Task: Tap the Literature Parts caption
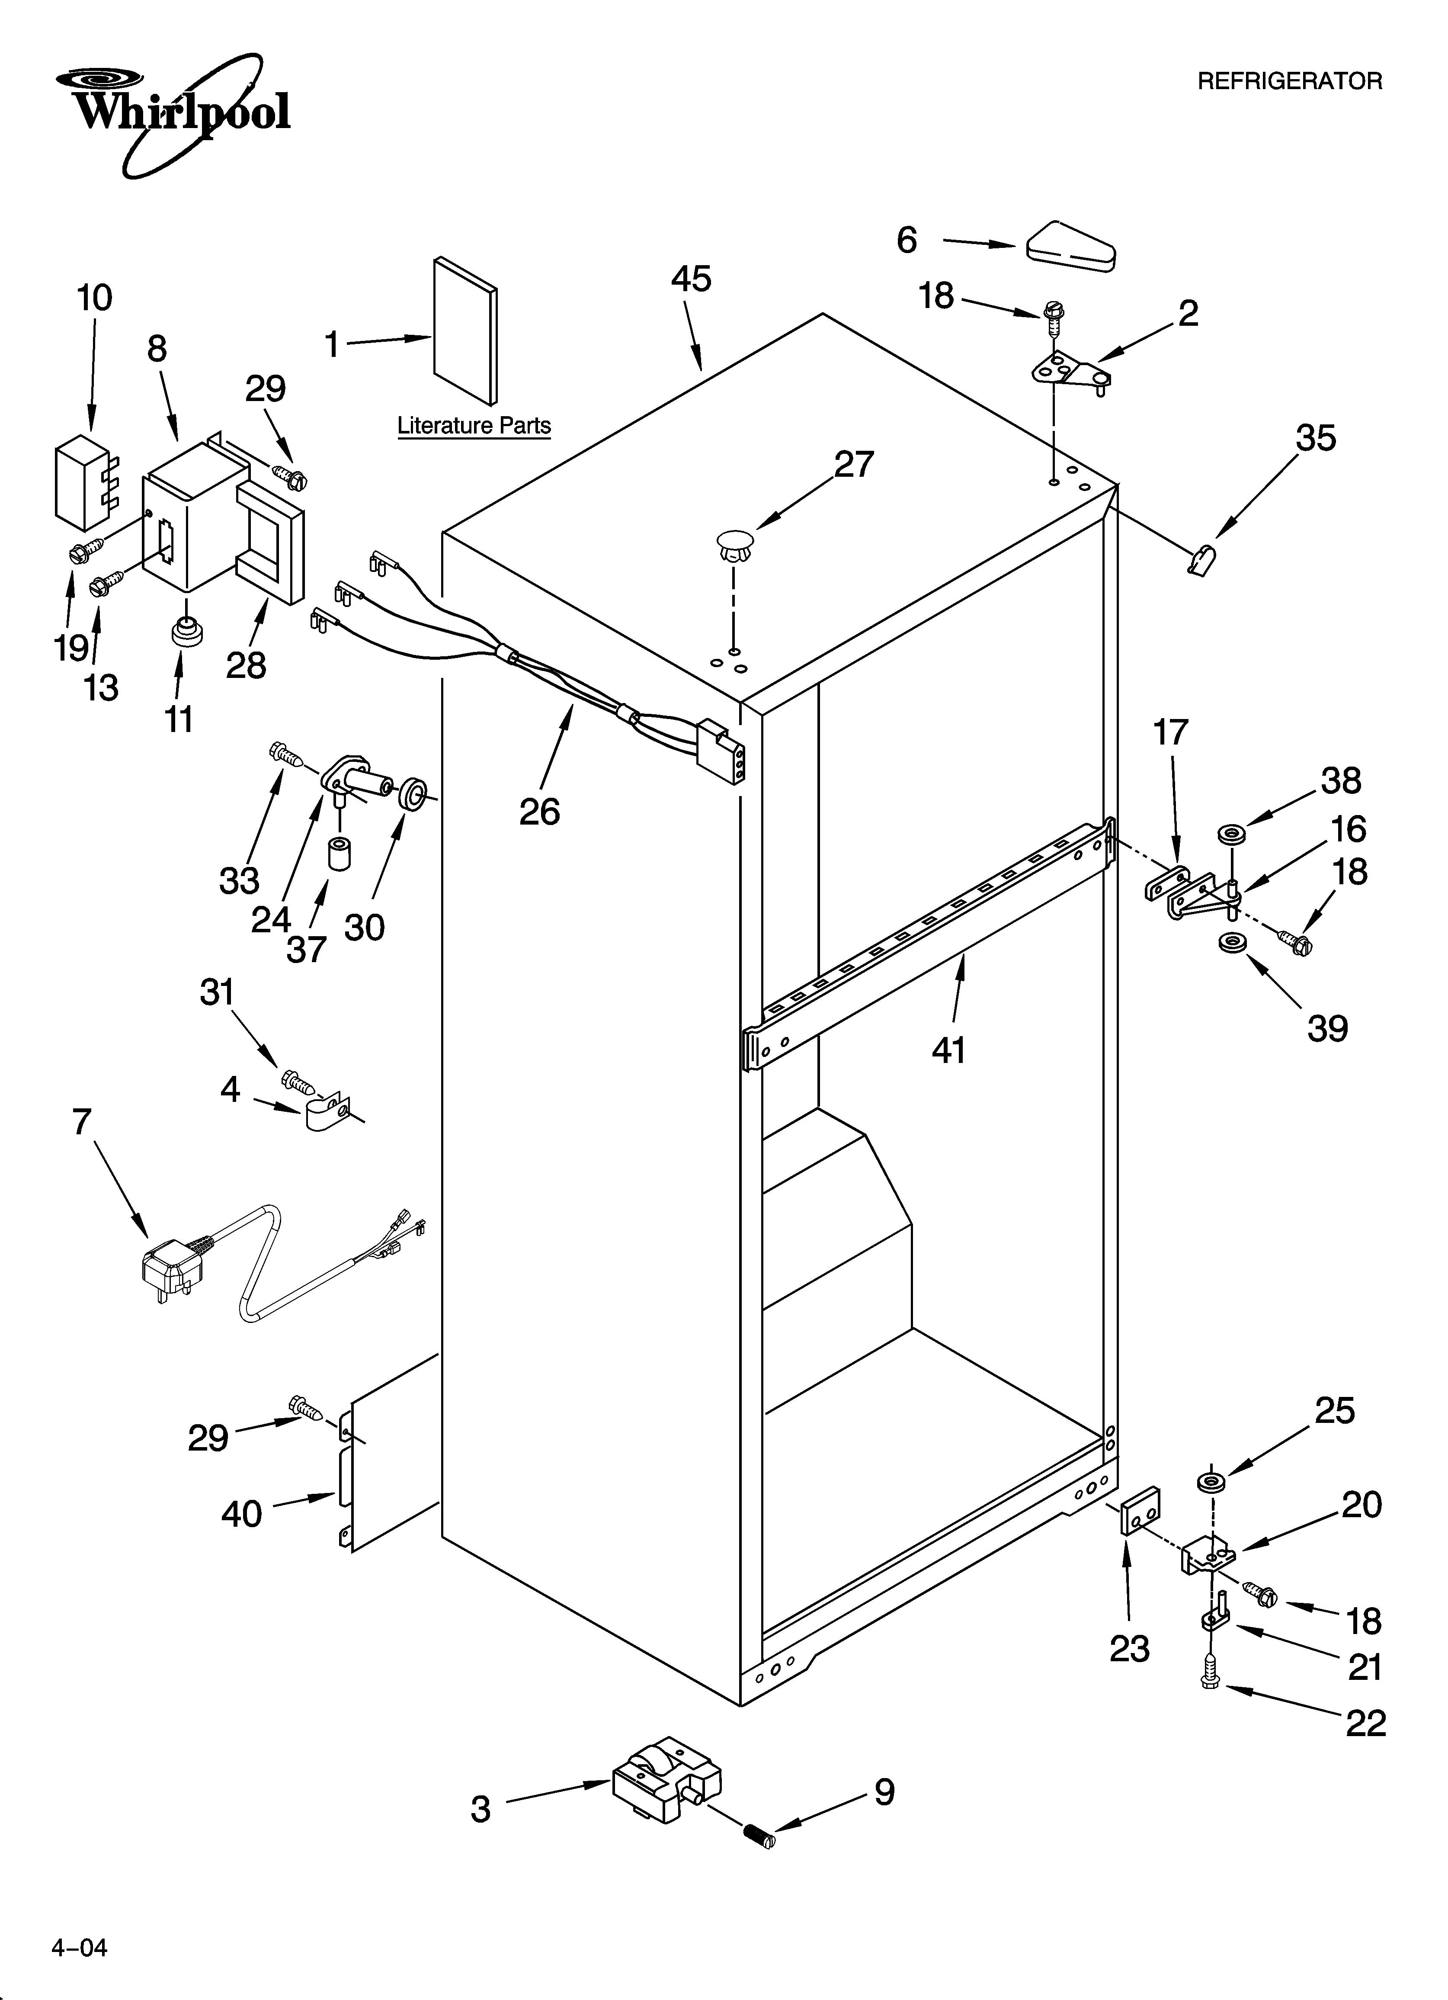(x=474, y=426)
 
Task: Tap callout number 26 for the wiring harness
(x=539, y=811)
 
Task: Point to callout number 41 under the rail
(x=949, y=1050)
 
